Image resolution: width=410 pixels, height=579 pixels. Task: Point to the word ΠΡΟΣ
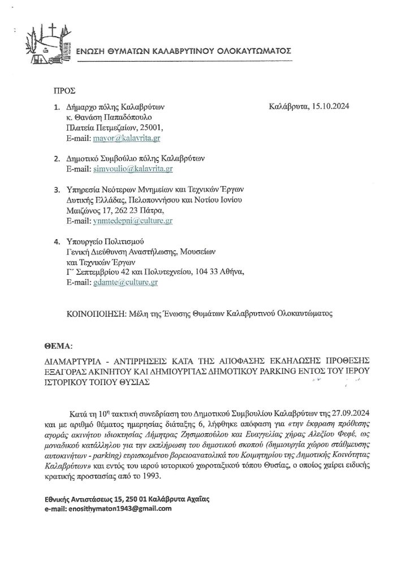pos(64,90)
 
